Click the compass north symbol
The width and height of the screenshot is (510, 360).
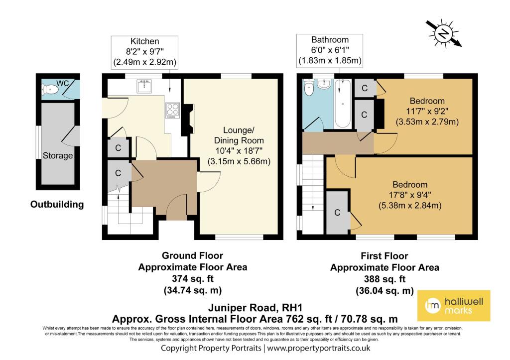[x=444, y=33]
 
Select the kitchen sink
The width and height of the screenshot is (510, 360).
[x=144, y=86]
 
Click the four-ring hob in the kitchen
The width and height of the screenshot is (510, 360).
[x=172, y=110]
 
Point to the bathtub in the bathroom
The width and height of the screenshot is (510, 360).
[x=343, y=104]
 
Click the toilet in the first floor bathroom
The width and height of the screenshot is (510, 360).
[x=308, y=87]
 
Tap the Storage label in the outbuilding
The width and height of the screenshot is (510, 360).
[x=58, y=155]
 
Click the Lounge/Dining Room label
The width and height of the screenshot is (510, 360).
[x=239, y=135]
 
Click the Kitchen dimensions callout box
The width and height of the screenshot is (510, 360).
[x=144, y=52]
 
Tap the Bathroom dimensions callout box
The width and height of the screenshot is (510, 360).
[x=330, y=50]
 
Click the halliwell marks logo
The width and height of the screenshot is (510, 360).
[x=454, y=306]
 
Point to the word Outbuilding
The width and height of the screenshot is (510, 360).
[x=57, y=204]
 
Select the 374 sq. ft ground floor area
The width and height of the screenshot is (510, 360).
[x=193, y=279]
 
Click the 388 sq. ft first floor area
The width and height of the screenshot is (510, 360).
[x=385, y=279]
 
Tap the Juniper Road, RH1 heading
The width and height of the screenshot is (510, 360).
[x=255, y=307]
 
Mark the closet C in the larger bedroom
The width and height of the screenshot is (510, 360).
[x=337, y=212]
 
